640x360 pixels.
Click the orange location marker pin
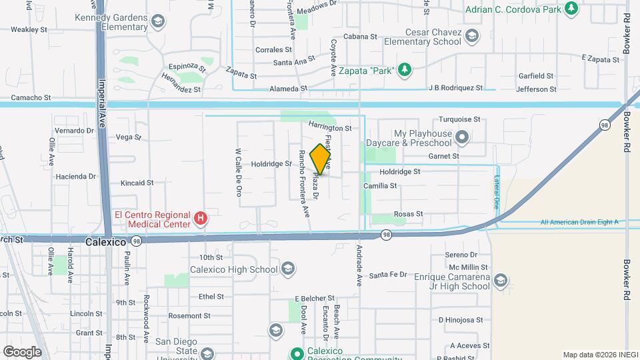click(321, 159)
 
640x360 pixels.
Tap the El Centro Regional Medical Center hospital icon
click(199, 219)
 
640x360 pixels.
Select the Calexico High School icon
click(288, 269)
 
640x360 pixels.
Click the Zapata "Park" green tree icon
click(404, 70)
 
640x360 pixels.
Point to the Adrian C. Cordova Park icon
click(571, 8)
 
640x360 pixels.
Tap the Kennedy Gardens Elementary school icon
click(157, 22)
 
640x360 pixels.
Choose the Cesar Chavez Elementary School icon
click(472, 36)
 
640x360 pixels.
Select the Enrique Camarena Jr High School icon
click(501, 281)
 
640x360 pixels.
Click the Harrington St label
click(329, 127)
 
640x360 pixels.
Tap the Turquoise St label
click(459, 119)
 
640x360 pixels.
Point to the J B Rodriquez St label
click(455, 87)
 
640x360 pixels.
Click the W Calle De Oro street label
click(238, 172)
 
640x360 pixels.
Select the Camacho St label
click(30, 97)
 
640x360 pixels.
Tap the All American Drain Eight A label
click(579, 222)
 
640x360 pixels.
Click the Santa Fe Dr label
click(388, 275)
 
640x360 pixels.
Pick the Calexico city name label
click(105, 242)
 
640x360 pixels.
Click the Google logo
click(22, 351)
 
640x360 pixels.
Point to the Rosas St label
click(409, 214)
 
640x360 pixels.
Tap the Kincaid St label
click(137, 183)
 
